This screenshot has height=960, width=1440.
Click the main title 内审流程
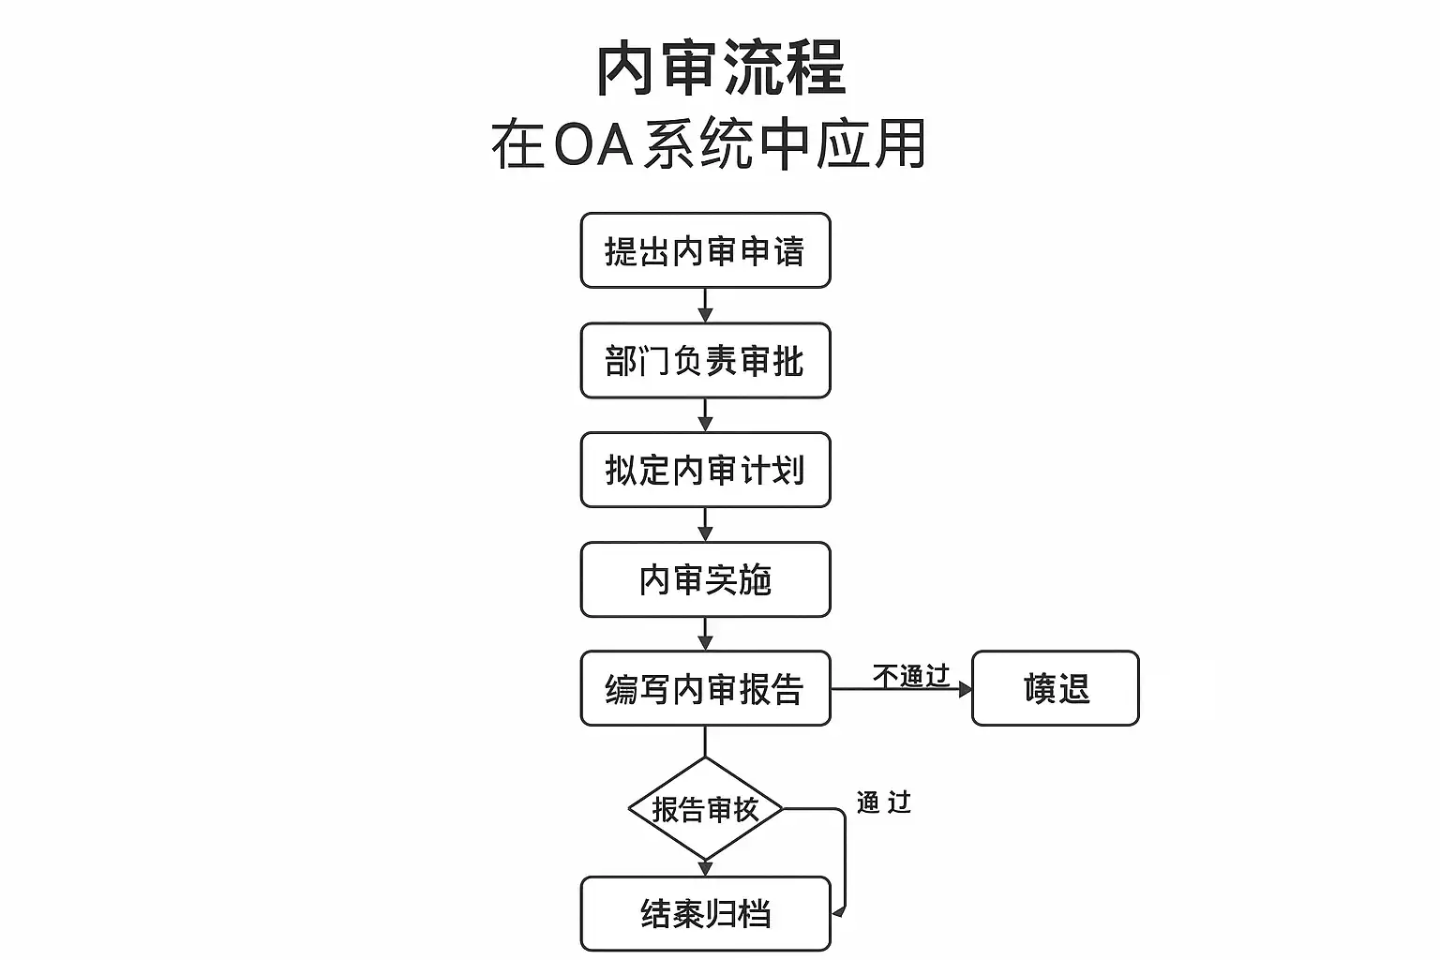(720, 68)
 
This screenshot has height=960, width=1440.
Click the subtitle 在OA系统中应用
(709, 144)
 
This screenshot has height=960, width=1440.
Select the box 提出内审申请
(705, 250)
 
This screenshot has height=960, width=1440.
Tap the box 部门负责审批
(705, 361)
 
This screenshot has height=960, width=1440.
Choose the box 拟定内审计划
(705, 470)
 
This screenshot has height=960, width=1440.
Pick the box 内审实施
(705, 579)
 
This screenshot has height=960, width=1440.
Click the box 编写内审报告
(705, 688)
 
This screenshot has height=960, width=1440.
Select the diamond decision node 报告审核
(705, 808)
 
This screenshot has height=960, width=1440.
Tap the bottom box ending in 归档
(705, 913)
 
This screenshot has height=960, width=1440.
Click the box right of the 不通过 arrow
(1055, 688)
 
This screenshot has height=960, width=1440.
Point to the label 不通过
(910, 675)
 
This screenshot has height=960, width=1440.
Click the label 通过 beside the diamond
(883, 802)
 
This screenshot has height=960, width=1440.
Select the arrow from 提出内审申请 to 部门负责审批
(705, 306)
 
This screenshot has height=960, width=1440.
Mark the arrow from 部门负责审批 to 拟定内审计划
(705, 415)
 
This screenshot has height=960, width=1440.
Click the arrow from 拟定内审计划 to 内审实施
(705, 525)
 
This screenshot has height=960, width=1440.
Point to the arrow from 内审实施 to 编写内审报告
(705, 634)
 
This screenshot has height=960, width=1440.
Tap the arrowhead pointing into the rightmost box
(965, 689)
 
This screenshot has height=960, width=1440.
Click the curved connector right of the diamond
(844, 858)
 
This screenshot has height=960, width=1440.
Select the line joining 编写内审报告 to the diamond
(705, 742)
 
